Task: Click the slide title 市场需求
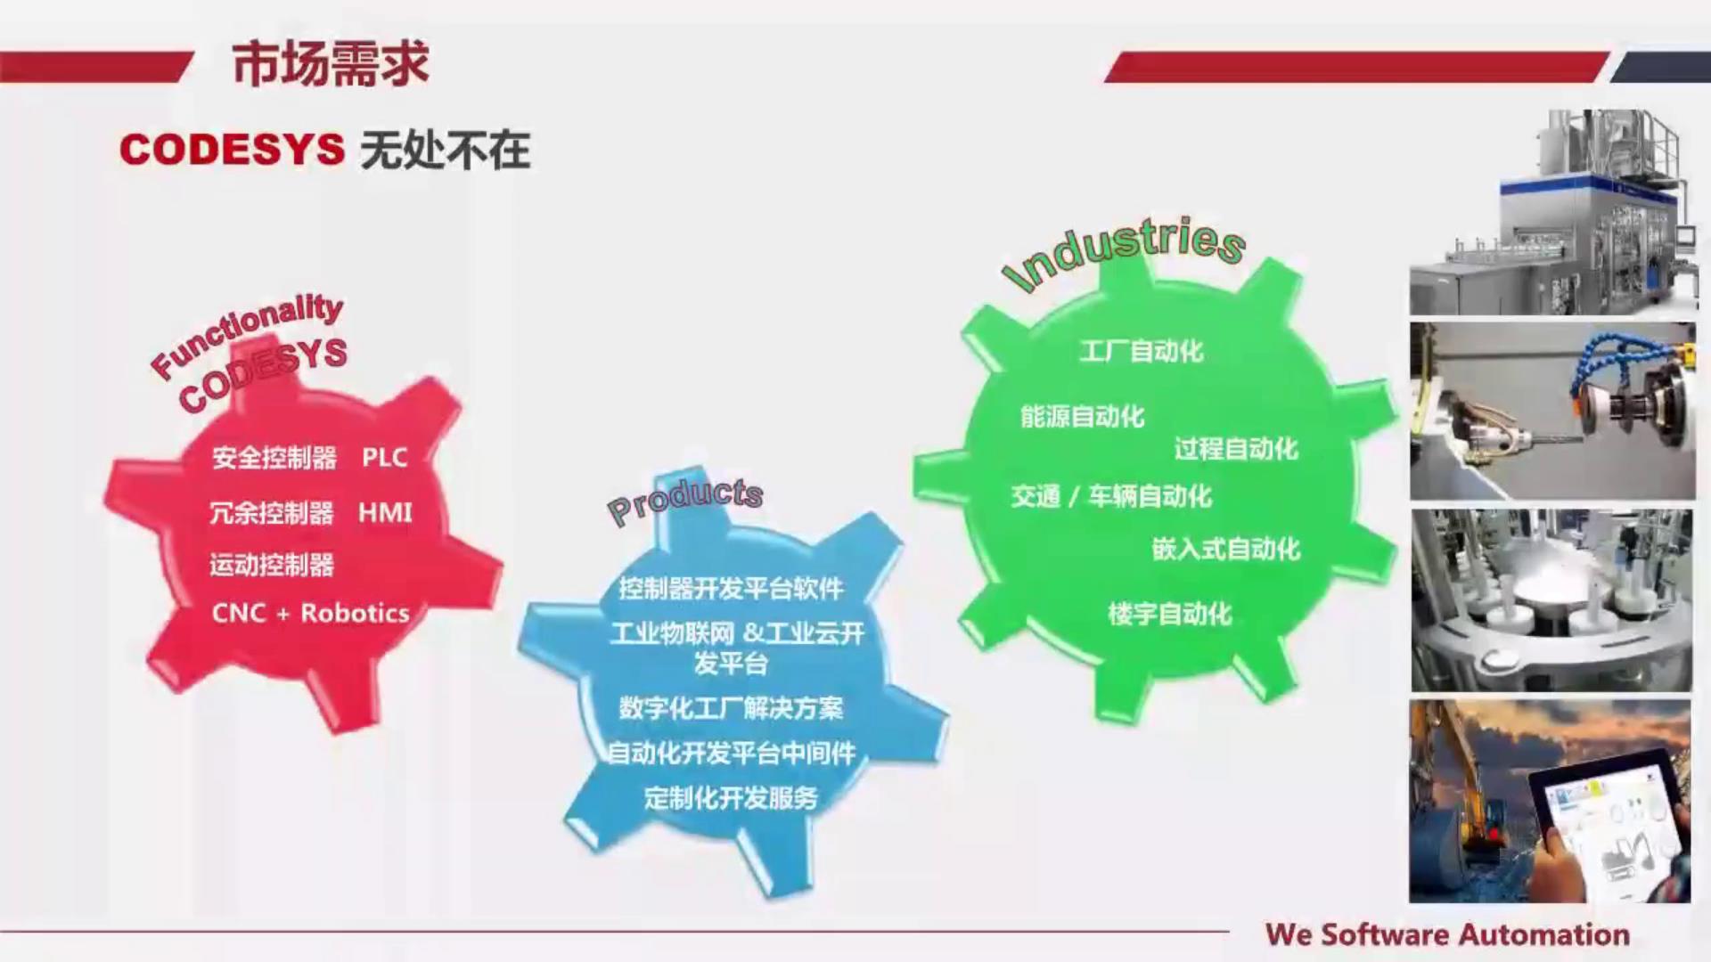331,64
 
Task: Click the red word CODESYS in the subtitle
232,149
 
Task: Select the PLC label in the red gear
384,457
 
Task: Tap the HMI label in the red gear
385,512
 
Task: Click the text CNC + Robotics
310,613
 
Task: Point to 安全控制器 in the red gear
274,458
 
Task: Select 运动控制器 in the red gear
272,565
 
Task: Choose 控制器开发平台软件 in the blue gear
731,588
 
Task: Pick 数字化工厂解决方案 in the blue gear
731,708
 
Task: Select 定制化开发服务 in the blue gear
731,797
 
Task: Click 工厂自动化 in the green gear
1142,351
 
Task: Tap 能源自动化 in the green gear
1082,416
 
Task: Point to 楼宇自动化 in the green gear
1169,613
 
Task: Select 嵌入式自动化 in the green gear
1226,549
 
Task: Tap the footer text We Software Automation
1447,934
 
